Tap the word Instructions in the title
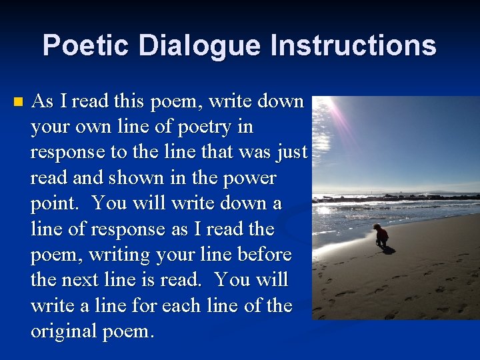pos(353,46)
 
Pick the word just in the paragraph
pos(293,153)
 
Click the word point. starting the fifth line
pos(56,204)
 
